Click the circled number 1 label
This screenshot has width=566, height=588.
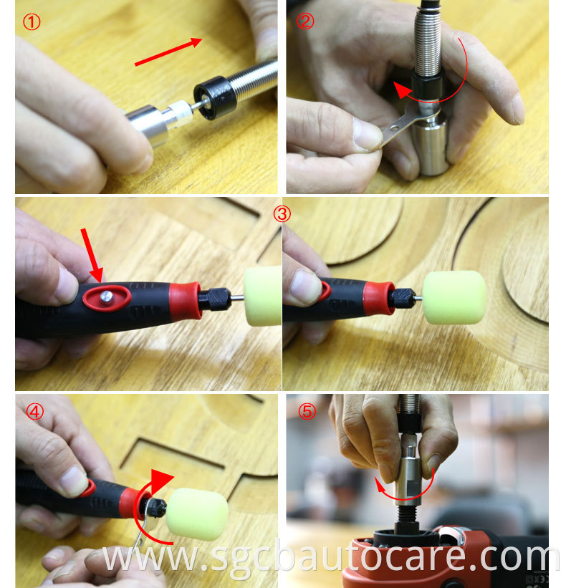[x=32, y=22]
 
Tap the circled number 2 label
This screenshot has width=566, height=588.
[x=305, y=21]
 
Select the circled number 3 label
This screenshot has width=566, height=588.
[x=282, y=214]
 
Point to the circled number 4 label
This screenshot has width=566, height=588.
[x=35, y=412]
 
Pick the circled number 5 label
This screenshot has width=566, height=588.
[x=307, y=412]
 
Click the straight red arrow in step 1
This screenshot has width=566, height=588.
[x=168, y=52]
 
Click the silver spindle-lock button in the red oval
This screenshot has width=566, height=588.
[x=107, y=297]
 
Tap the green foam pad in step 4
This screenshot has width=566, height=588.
[x=197, y=514]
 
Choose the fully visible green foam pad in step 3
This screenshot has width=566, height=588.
[x=454, y=297]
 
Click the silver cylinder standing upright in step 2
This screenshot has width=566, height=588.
[x=431, y=145]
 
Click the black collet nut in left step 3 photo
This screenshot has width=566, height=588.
[x=214, y=299]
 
